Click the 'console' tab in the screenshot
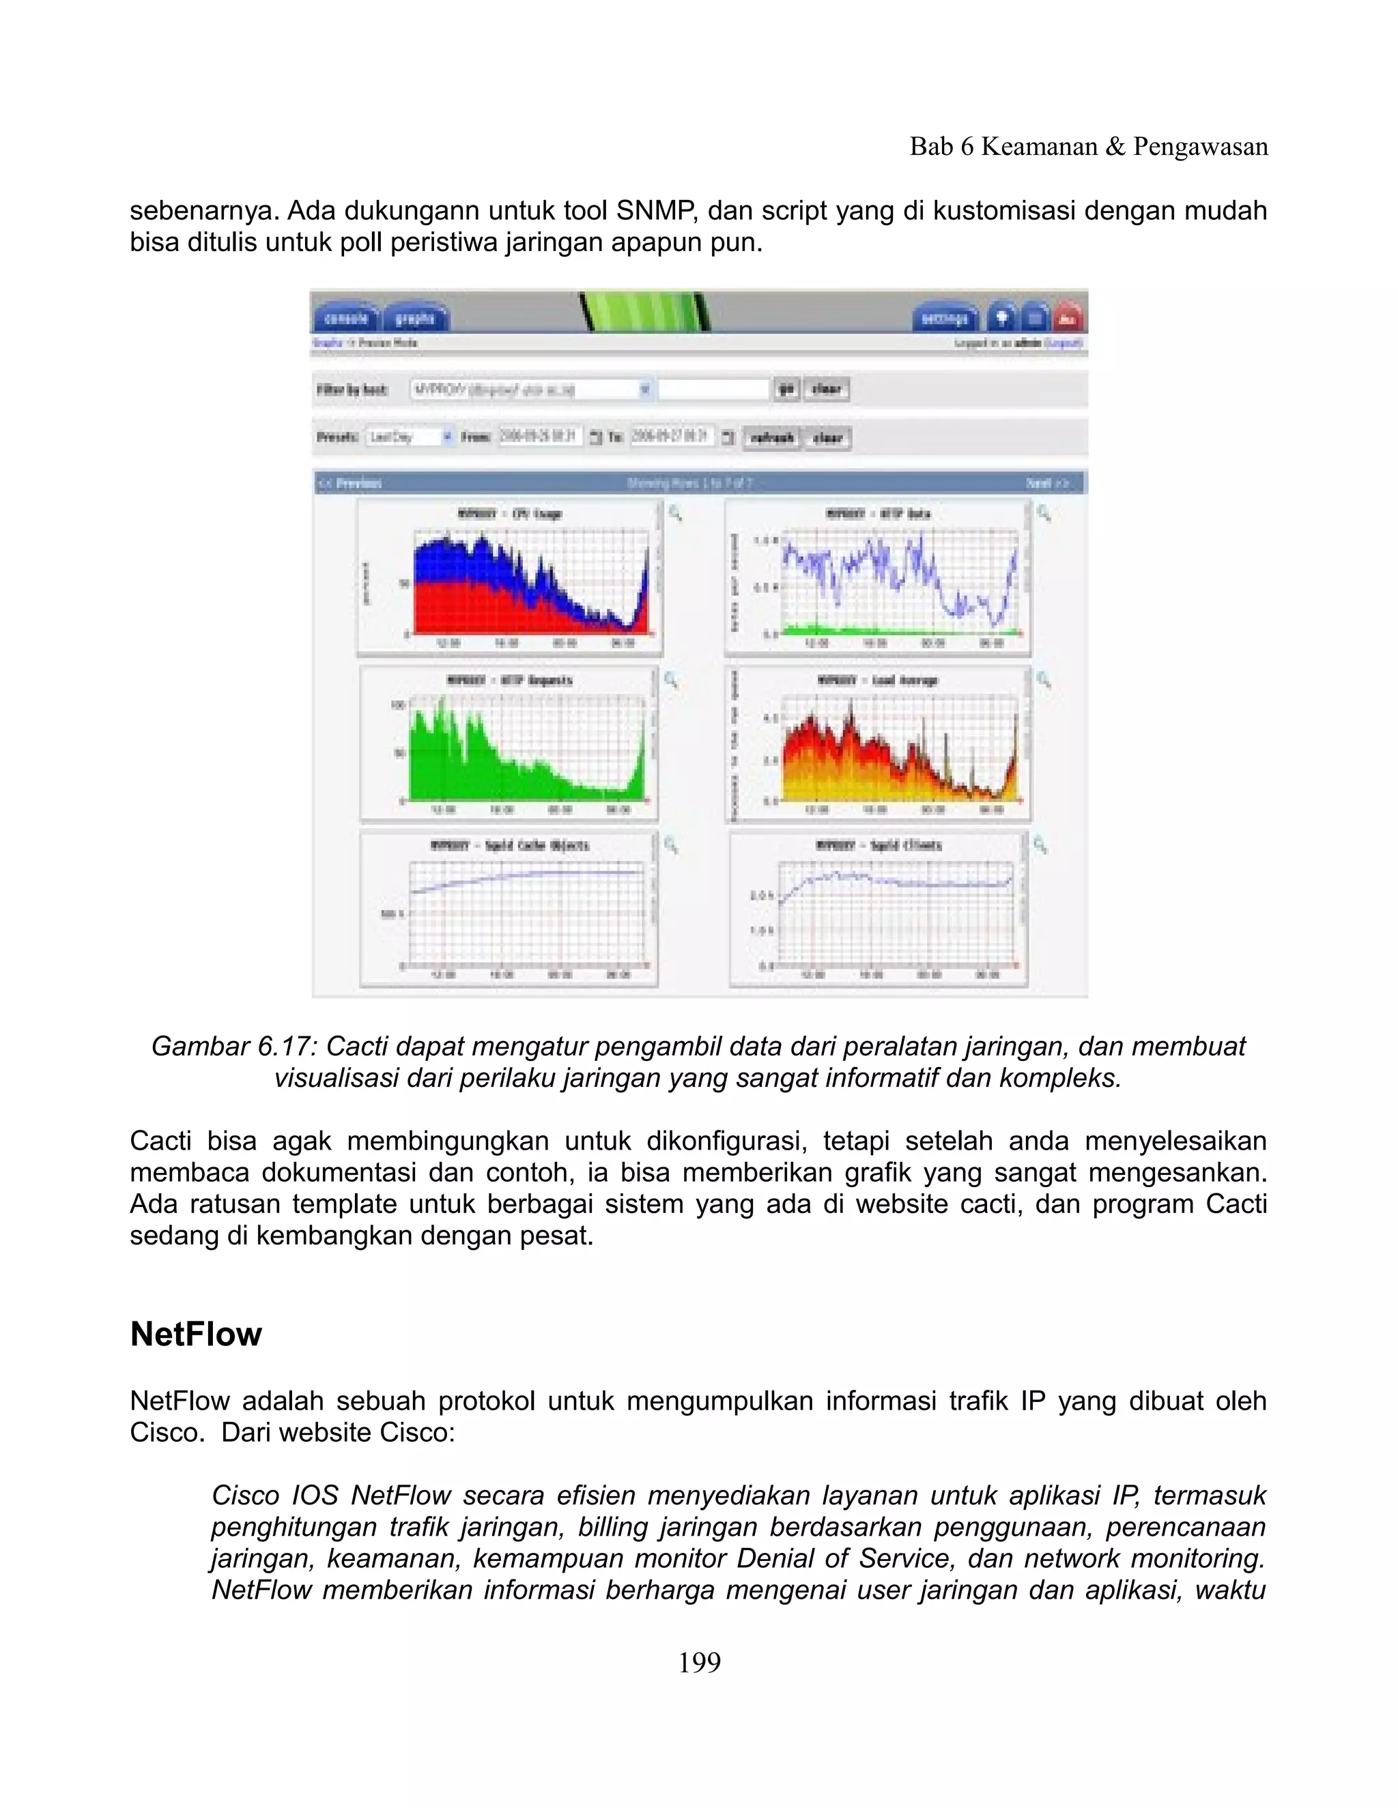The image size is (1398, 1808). [x=345, y=319]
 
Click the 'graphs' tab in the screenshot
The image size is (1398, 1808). [x=415, y=319]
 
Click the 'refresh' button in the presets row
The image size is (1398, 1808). [x=772, y=438]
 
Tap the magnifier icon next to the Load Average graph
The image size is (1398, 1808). [x=1044, y=680]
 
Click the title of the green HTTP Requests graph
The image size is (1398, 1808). [x=510, y=680]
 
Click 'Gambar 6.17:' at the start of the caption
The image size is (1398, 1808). [x=233, y=1047]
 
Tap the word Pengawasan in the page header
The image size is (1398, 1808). [x=1200, y=147]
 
